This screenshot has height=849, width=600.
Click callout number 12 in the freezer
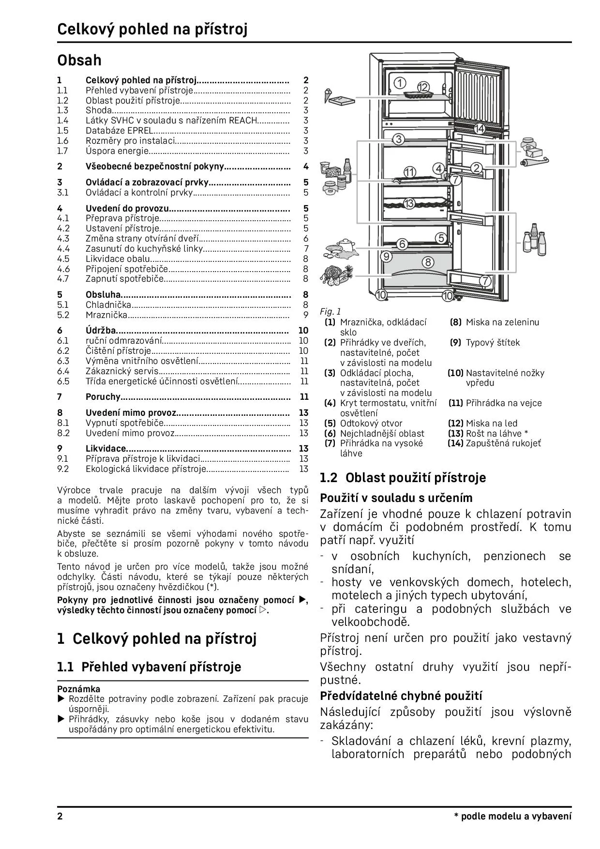(x=423, y=87)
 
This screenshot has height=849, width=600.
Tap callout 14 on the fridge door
(x=479, y=129)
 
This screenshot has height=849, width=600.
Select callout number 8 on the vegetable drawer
(x=428, y=262)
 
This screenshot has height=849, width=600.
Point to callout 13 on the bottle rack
(x=409, y=203)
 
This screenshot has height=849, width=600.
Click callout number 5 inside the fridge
(x=441, y=238)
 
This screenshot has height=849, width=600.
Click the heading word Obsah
(x=79, y=60)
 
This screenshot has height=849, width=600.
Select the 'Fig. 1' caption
(x=330, y=312)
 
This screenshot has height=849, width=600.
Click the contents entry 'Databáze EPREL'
(x=119, y=131)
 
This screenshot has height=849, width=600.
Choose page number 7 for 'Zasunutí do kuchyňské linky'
(x=306, y=249)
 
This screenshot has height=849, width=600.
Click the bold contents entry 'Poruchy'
(x=103, y=397)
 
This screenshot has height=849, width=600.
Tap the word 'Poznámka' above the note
(x=79, y=689)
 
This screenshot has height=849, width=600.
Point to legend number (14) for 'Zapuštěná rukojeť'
(x=456, y=443)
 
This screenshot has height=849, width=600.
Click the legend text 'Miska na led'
(x=492, y=424)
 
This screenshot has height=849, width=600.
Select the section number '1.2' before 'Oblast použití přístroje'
(x=329, y=478)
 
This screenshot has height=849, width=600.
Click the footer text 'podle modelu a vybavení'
(x=516, y=817)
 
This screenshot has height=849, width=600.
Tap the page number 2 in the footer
(x=60, y=817)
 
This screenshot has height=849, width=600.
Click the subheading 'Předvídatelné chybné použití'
(x=401, y=696)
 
